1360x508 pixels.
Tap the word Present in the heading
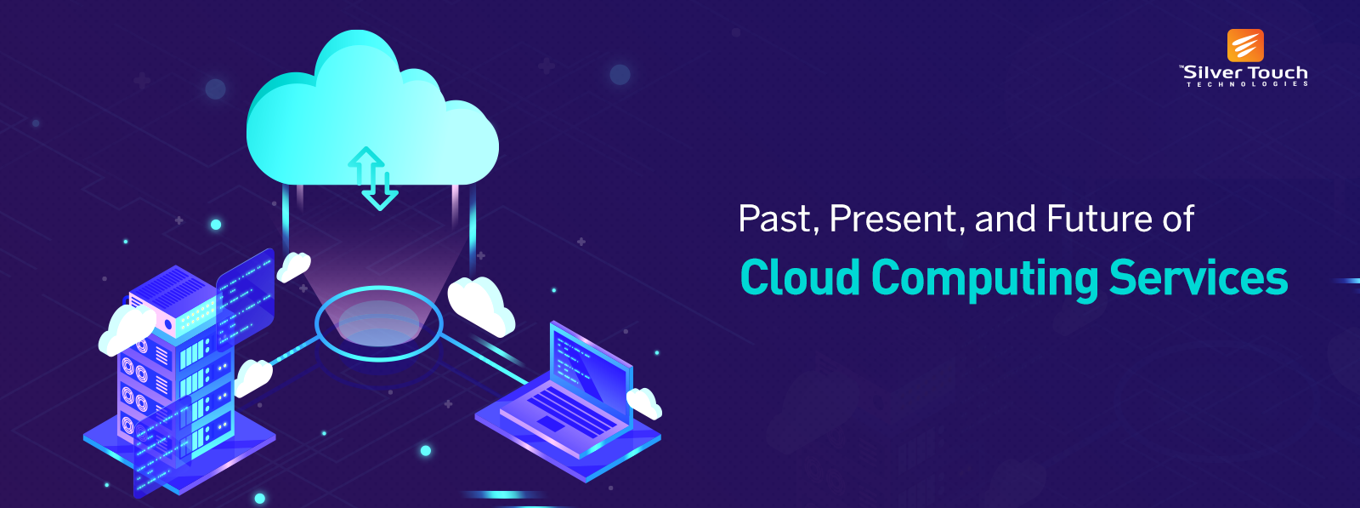893,220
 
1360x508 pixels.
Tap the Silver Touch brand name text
1245,73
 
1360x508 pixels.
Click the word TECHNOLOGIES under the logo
1247,84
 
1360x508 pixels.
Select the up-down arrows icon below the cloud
373,178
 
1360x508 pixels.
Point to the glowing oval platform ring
378,324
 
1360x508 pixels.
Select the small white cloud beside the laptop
644,402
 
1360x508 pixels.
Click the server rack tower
174,374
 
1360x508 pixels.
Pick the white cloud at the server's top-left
125,330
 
